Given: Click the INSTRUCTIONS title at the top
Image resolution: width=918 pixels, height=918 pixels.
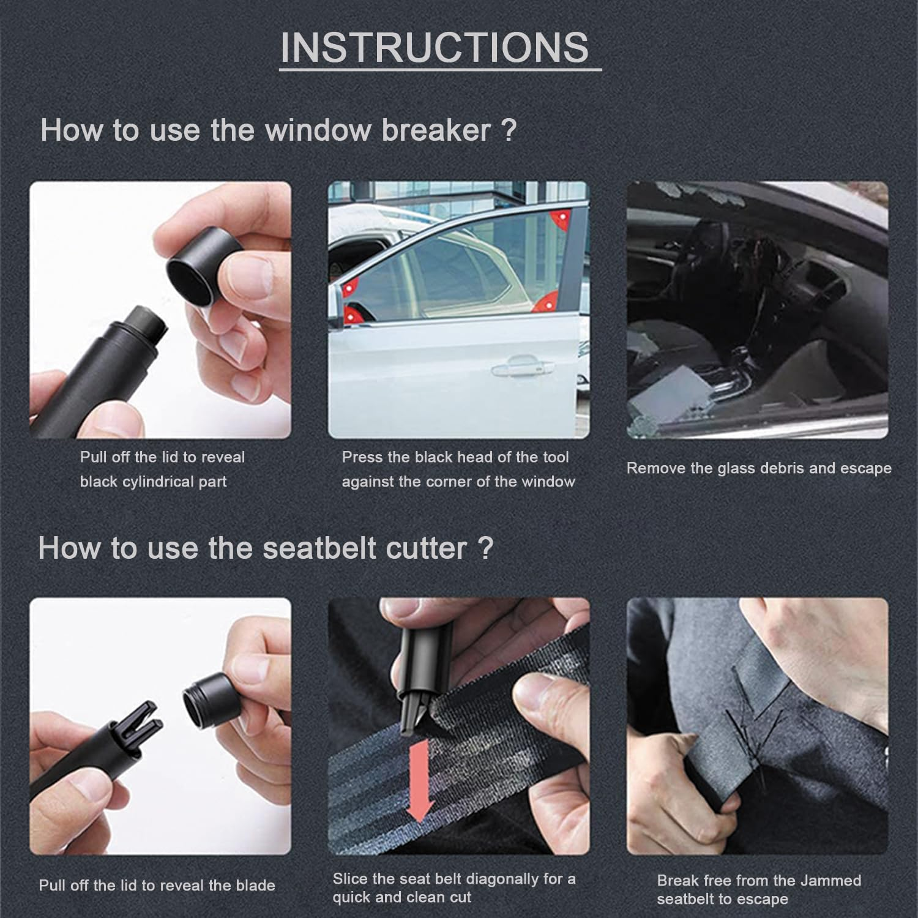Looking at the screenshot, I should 435,47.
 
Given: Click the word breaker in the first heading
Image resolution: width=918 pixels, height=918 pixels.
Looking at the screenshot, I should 436,130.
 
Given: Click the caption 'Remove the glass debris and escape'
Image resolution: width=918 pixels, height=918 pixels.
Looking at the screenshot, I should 758,469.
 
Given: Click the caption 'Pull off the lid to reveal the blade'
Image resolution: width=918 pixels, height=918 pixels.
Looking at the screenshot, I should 157,886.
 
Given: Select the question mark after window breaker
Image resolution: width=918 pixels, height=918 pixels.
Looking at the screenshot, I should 509,130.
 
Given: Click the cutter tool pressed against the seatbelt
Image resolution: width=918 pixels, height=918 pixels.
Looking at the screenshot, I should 416,679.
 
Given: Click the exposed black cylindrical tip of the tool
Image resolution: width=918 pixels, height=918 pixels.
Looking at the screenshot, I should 146,326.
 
